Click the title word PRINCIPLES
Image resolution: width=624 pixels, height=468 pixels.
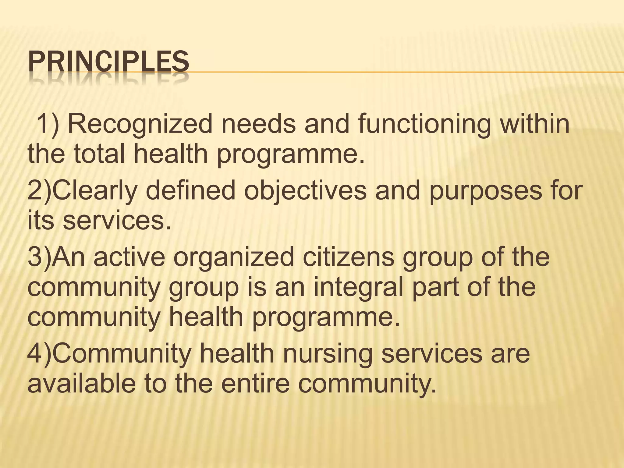(x=108, y=62)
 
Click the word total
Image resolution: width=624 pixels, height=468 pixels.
(x=99, y=154)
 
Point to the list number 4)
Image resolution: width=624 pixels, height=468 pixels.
(x=41, y=354)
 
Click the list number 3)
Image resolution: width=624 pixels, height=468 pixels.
(x=41, y=257)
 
